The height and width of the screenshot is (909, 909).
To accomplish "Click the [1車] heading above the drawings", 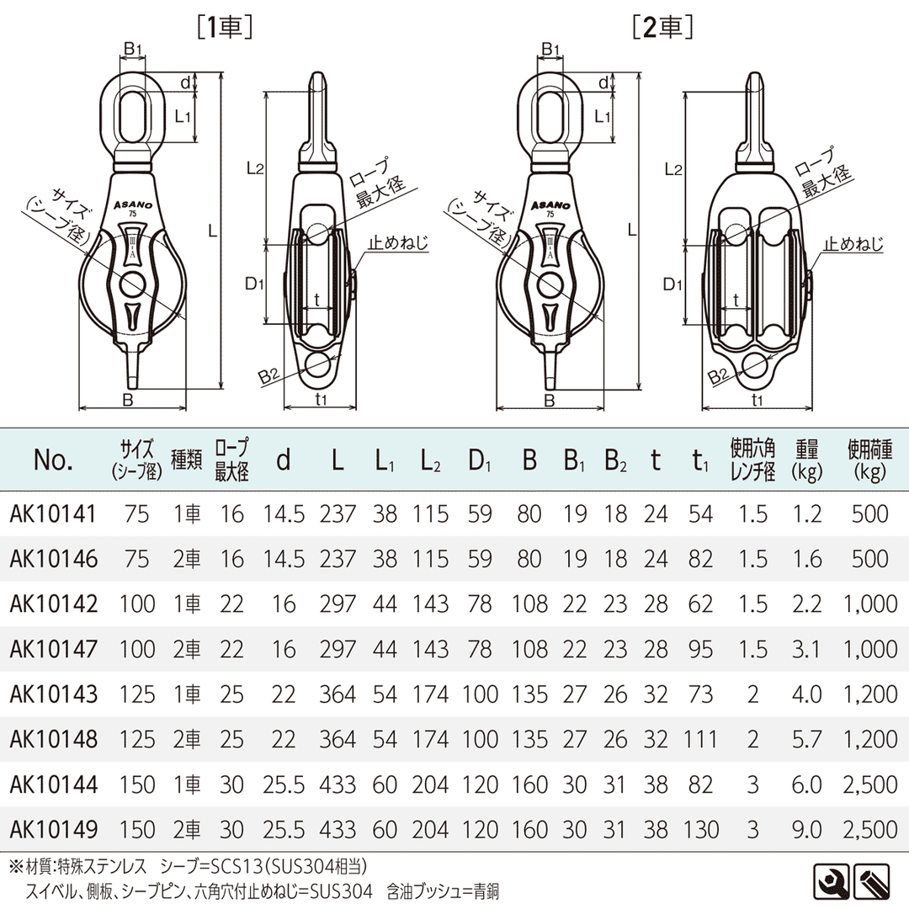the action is tap(225, 27).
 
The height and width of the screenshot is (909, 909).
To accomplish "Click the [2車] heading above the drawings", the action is tap(663, 27).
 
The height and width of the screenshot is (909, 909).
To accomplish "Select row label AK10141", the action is tap(53, 514).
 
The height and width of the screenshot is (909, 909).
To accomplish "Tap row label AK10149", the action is tap(53, 830).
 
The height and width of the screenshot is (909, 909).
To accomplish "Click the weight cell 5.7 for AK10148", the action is tap(807, 739).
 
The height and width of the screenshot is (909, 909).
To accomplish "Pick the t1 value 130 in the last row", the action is tap(701, 830).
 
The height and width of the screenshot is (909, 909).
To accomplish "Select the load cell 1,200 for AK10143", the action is tap(870, 694).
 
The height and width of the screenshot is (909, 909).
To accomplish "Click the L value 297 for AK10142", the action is tap(338, 604).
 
